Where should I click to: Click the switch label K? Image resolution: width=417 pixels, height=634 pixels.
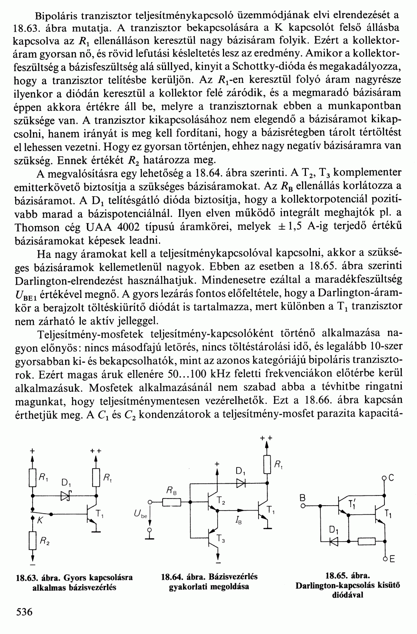(x=39, y=521)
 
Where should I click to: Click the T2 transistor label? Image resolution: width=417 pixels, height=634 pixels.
(x=221, y=502)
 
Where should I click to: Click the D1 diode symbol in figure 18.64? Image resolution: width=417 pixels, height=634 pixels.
(x=240, y=483)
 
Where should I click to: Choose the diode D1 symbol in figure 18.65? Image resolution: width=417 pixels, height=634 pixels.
(x=334, y=542)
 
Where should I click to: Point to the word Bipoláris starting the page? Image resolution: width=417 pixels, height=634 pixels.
(x=56, y=16)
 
